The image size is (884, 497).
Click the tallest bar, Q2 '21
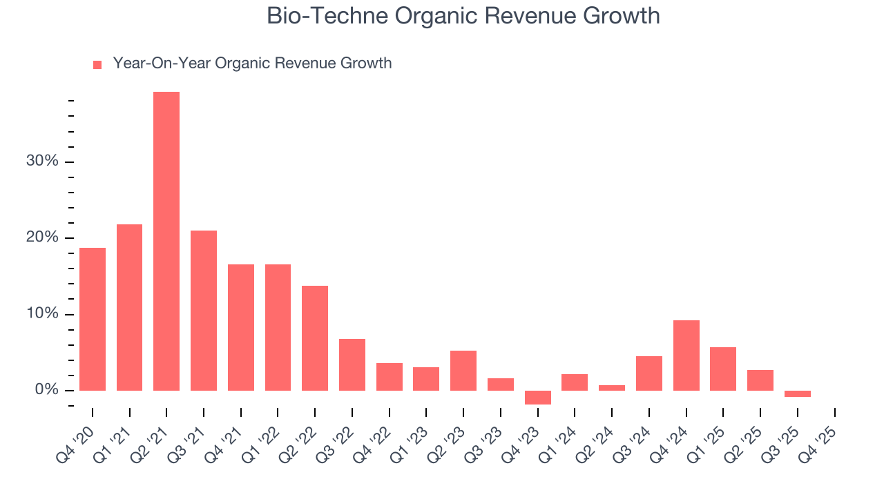coord(166,241)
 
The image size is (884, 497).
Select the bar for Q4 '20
coord(93,319)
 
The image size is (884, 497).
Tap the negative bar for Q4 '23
coord(538,398)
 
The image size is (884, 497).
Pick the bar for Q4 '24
coord(686,355)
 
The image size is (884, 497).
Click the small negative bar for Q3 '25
coord(798,393)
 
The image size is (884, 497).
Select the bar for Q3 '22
coord(352,364)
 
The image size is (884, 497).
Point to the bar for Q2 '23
coord(463,371)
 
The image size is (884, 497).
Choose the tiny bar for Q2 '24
coord(612,388)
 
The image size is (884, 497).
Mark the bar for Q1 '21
coord(130,307)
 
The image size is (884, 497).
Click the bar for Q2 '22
coord(315,338)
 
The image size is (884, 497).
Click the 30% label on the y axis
coord(42,162)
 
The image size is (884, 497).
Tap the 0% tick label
coord(46,391)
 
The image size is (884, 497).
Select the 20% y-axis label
coord(42,238)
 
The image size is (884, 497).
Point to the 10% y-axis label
coord(42,314)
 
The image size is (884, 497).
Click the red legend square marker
coord(97,64)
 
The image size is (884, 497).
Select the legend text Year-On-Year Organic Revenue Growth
coord(252,64)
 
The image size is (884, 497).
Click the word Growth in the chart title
coord(624,17)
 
